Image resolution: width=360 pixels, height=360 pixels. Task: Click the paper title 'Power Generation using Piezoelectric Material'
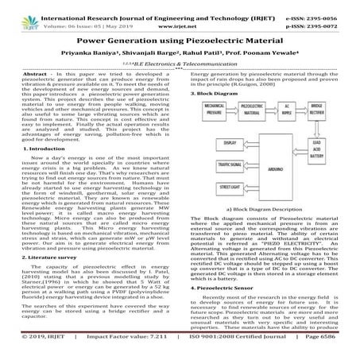pyautogui.click(x=180, y=37)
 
